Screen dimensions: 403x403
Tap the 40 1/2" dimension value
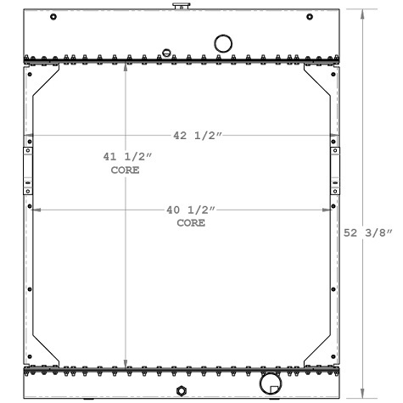pyautogui.click(x=190, y=210)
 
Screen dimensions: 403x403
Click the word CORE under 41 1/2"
pyautogui.click(x=125, y=171)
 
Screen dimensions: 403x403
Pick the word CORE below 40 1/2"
pyautogui.click(x=191, y=222)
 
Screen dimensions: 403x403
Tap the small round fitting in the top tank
pyautogui.click(x=166, y=52)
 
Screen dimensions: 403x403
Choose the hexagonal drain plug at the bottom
pyautogui.click(x=180, y=391)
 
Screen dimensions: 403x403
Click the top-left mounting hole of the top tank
pyautogui.click(x=53, y=17)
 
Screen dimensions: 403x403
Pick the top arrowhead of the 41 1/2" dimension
pyautogui.click(x=126, y=66)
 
